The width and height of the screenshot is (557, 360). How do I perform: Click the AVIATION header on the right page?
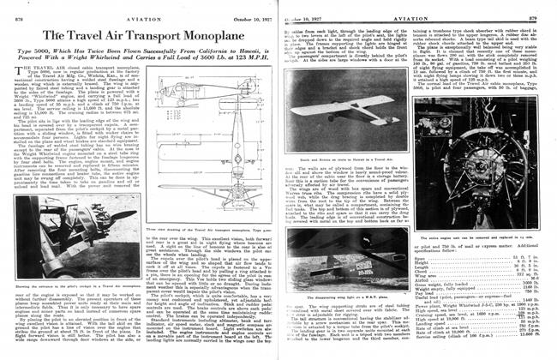406,9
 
